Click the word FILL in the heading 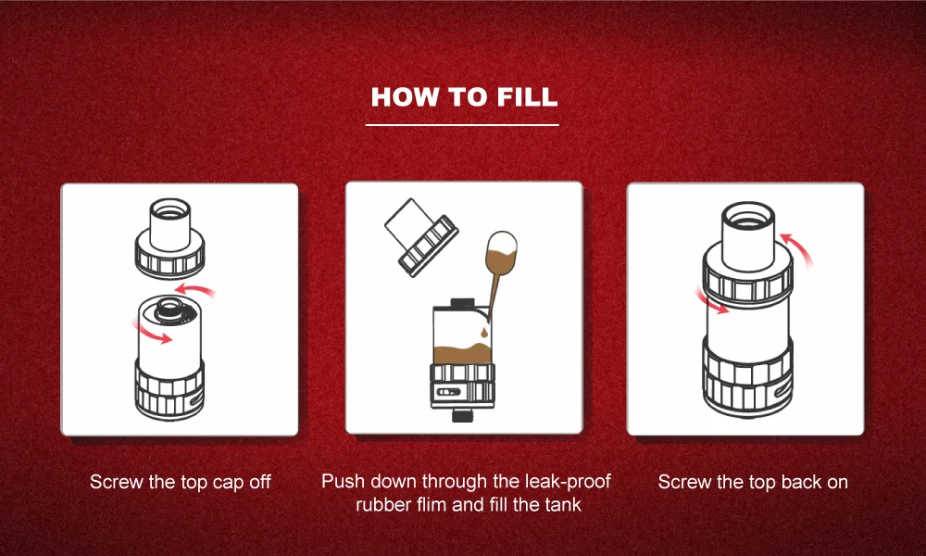[528, 97]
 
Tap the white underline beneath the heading [462, 125]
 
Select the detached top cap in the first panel [170, 238]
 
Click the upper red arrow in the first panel [195, 289]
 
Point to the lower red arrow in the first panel [151, 333]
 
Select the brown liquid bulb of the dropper [501, 250]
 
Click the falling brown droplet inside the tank [485, 333]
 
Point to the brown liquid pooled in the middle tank [462, 353]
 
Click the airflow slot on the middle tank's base [447, 392]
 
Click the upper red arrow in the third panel [797, 249]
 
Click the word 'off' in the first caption [260, 482]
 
